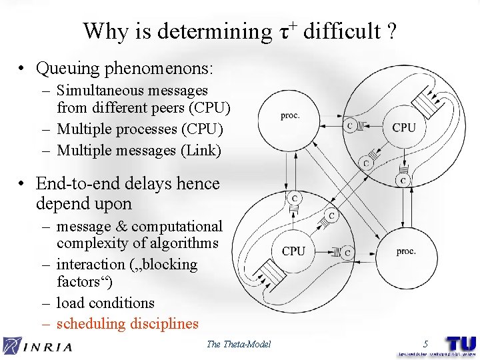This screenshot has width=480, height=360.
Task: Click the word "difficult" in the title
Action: click(x=341, y=31)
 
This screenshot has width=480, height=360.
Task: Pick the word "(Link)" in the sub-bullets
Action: click(x=201, y=151)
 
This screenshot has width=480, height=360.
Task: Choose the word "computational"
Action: click(x=181, y=227)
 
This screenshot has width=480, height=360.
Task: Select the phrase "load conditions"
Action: click(x=105, y=303)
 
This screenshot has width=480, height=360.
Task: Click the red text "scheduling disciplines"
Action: click(x=127, y=324)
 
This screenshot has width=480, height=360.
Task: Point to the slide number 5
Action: click(x=425, y=344)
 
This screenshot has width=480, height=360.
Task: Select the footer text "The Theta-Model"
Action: click(x=239, y=344)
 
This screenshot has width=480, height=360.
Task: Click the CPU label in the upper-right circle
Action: click(x=403, y=127)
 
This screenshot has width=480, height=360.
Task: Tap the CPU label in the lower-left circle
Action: click(x=293, y=251)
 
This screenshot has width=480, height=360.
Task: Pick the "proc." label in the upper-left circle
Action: click(x=290, y=115)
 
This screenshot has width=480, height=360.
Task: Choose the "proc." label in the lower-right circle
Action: click(x=406, y=251)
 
